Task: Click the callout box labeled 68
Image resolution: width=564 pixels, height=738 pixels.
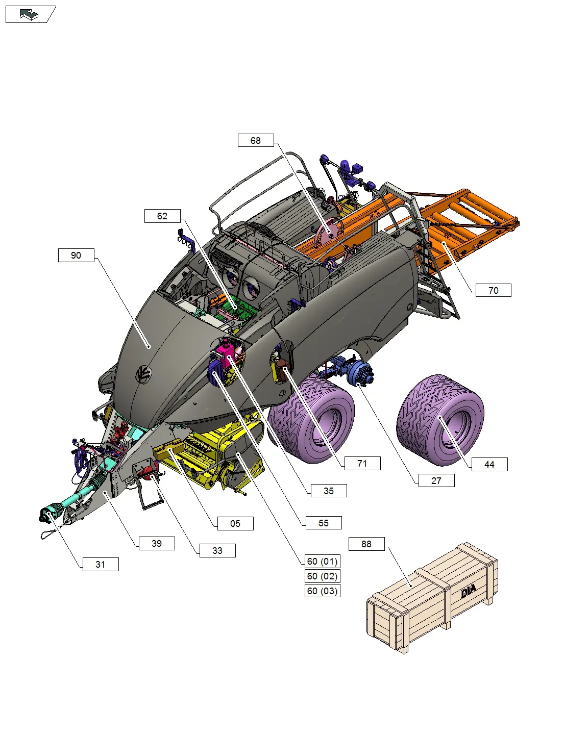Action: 256,140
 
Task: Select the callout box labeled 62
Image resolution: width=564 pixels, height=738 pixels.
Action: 162,216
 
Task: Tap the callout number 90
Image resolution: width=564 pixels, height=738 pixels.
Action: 76,255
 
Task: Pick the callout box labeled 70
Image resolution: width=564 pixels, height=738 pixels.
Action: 493,290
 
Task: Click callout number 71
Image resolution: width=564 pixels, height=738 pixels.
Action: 362,463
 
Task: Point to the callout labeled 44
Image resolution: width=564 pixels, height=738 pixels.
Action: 489,464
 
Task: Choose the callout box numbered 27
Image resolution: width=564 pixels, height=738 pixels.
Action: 436,480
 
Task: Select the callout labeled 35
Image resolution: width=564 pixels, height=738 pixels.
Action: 329,491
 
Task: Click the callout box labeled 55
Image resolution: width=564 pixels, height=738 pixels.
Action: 323,523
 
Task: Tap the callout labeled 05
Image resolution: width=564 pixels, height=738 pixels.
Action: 235,523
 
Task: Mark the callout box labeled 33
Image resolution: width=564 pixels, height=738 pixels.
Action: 217,550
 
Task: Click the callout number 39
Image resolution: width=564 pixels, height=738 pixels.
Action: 157,543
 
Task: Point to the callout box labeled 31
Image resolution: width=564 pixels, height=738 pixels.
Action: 101,564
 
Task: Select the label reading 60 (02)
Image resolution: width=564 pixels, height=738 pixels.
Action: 322,576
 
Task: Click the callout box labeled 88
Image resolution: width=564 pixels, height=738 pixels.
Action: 366,544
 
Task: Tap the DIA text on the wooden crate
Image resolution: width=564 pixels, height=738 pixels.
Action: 468,591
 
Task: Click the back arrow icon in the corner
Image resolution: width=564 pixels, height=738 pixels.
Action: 29,15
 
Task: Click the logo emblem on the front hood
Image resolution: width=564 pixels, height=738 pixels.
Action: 143,375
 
